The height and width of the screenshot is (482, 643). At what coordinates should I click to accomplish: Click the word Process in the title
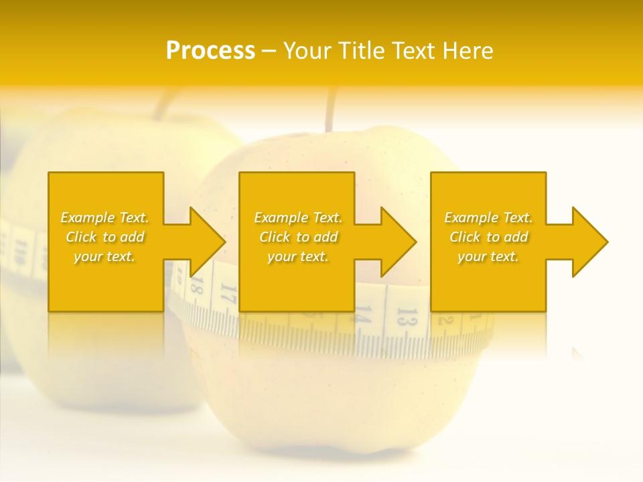(210, 51)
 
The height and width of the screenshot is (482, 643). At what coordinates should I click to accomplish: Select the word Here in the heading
(468, 51)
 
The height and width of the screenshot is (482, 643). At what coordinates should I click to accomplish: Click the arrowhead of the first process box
(207, 242)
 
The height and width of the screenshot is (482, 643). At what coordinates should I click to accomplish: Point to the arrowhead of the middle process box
(398, 242)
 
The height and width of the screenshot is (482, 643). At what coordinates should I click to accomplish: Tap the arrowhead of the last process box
(589, 242)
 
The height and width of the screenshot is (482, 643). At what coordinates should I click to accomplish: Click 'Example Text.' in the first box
(104, 218)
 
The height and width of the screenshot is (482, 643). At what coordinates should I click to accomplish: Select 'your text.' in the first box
(104, 256)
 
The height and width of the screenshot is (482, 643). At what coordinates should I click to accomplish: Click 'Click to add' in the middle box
(298, 237)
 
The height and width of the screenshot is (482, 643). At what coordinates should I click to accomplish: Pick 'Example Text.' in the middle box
(298, 218)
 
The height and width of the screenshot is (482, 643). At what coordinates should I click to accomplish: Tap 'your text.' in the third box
(488, 256)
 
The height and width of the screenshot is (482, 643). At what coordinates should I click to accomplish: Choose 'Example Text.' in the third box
(488, 218)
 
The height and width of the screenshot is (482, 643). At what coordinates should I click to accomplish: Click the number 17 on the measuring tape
(228, 294)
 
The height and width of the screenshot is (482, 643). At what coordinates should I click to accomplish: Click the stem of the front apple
(330, 110)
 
